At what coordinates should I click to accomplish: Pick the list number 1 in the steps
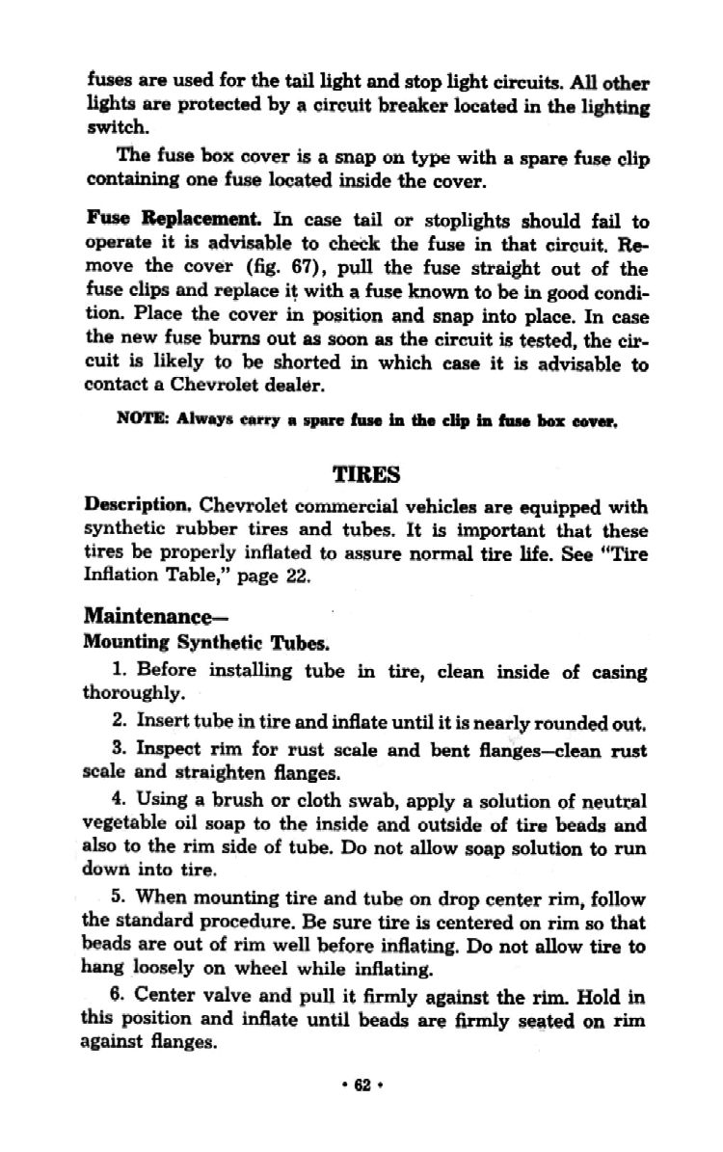pos(117,670)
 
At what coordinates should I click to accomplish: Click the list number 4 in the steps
pos(117,800)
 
